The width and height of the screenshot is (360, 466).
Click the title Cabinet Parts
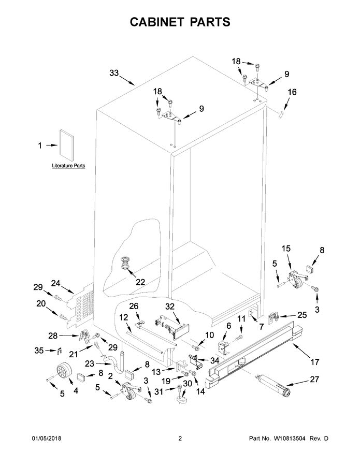179,22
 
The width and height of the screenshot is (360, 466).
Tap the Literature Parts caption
68,166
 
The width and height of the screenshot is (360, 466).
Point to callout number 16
292,92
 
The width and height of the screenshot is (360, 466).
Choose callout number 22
140,282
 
